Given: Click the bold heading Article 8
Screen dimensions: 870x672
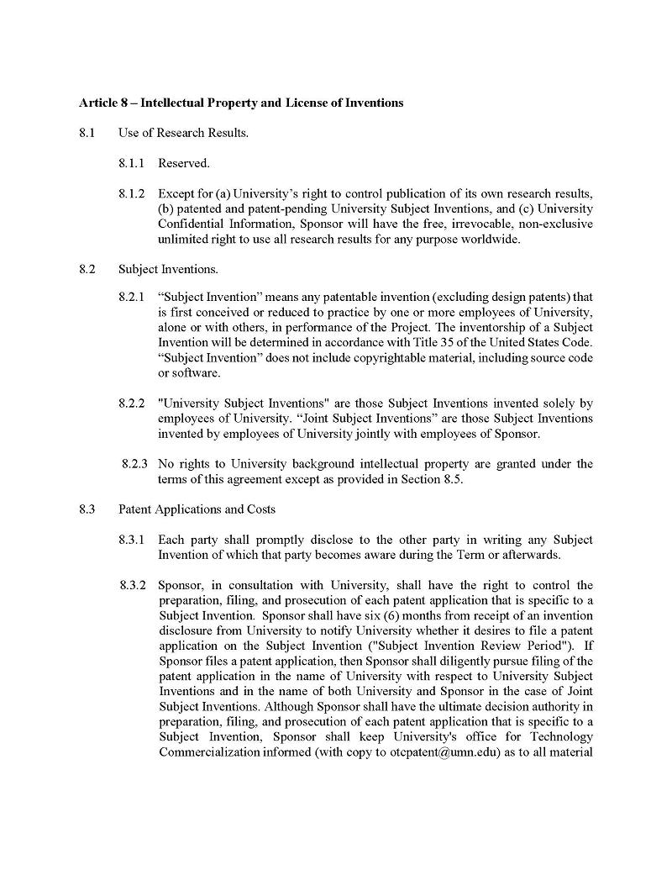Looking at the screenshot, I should coord(240,103).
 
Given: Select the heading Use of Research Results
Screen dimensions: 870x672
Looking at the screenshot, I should coord(183,133).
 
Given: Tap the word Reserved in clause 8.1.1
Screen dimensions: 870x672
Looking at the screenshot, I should coord(183,163).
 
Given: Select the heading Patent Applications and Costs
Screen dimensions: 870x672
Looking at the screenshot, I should coord(197,509).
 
